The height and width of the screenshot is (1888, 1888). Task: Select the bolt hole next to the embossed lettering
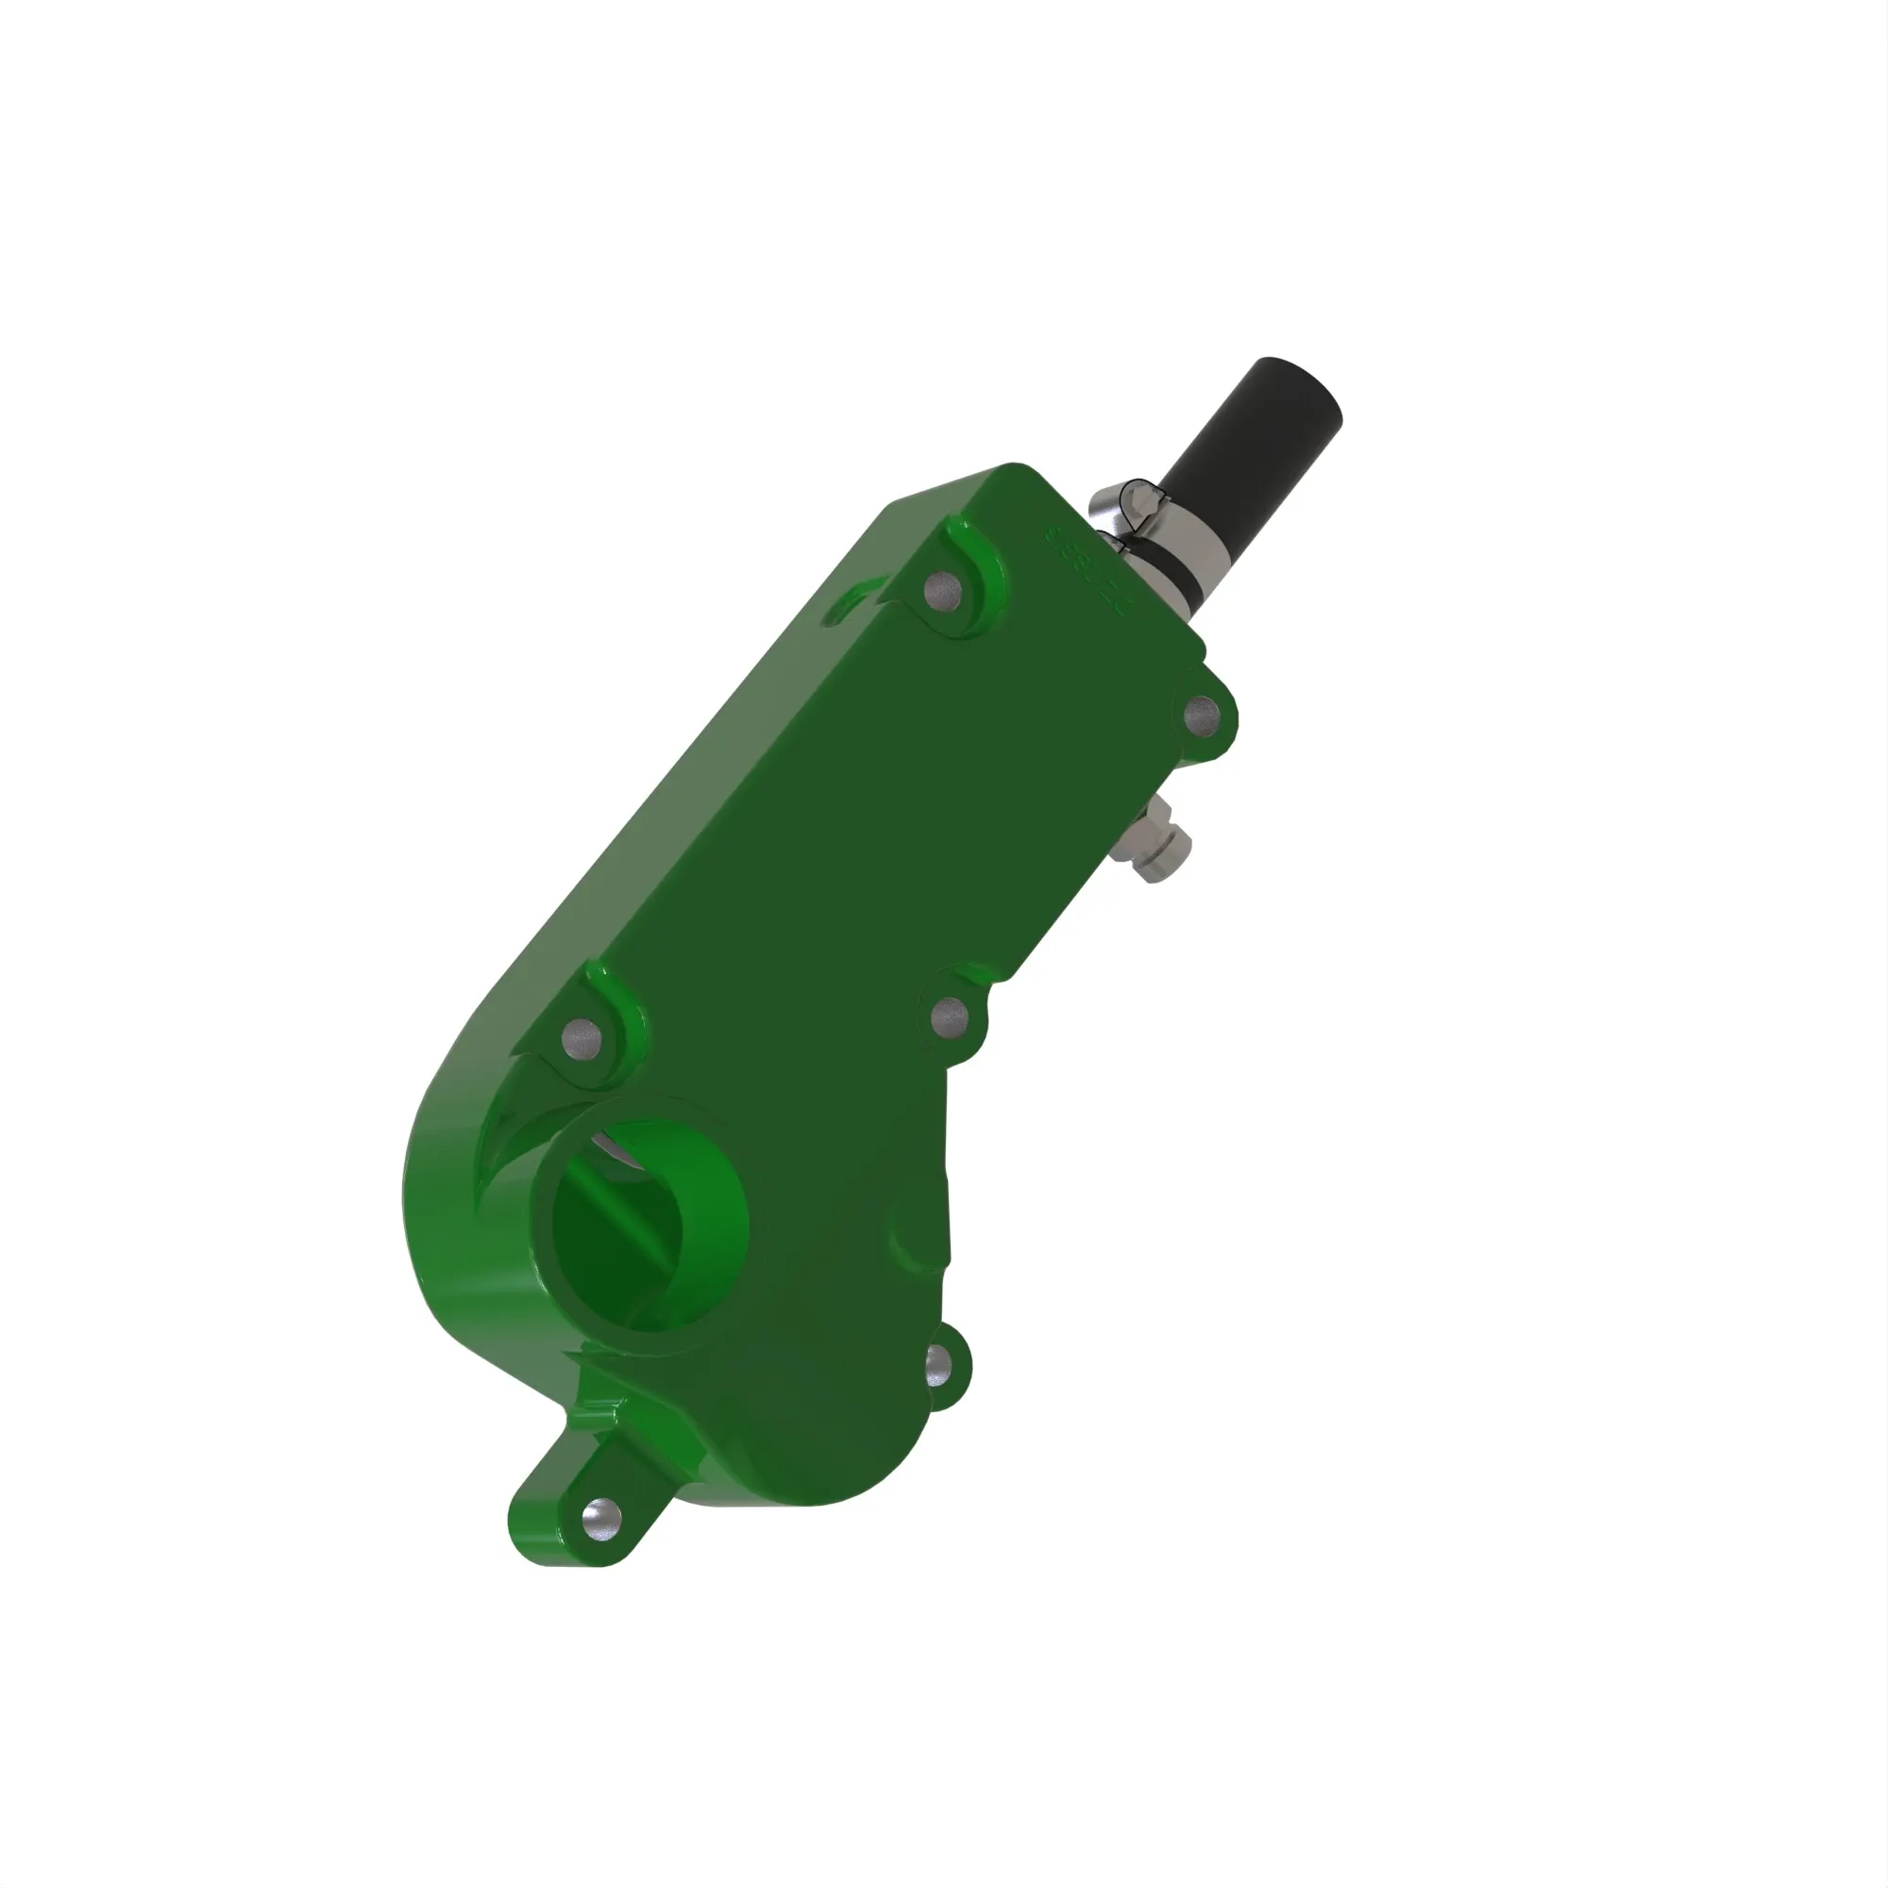coord(942,589)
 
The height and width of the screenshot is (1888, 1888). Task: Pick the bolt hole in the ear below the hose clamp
coord(1201,716)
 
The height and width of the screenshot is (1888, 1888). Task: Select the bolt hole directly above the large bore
coord(583,1033)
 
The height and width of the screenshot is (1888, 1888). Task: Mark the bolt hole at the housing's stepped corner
coord(948,1019)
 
